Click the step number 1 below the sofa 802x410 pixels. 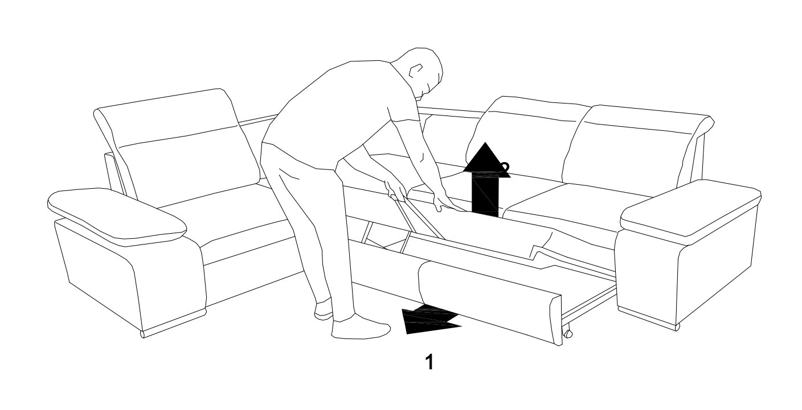click(429, 362)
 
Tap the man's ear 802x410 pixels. click(415, 71)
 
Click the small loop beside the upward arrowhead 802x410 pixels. click(506, 166)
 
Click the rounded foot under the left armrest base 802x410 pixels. click(142, 334)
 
